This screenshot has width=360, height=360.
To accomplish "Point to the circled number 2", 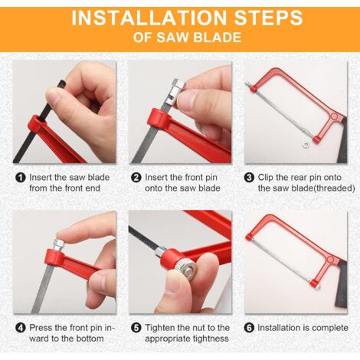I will click(136, 177).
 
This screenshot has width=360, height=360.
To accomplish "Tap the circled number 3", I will click(250, 177).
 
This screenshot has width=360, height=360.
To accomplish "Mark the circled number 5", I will click(136, 328).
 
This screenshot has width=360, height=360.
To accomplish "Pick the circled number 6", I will click(250, 328).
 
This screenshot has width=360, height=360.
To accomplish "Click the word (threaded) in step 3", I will click(330, 188).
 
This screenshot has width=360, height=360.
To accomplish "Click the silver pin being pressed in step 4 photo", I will click(58, 246).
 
